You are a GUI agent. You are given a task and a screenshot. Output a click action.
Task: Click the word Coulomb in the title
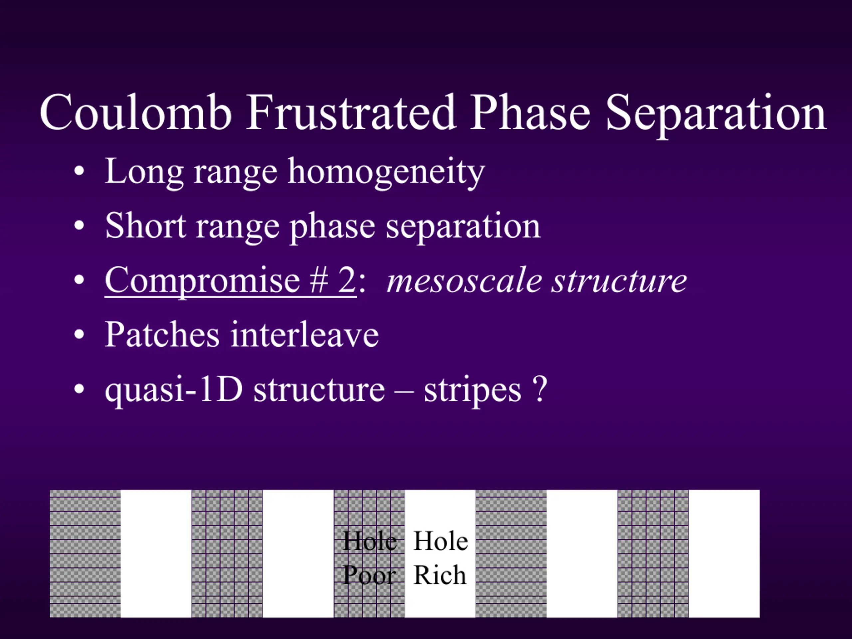click(x=135, y=112)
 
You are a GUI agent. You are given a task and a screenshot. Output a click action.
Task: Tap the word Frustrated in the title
click(x=351, y=112)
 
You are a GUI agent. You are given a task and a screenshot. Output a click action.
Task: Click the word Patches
click(x=162, y=334)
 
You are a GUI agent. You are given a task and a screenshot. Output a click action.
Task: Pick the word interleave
click(x=304, y=334)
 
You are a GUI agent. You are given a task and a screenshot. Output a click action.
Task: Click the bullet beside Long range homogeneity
click(x=79, y=171)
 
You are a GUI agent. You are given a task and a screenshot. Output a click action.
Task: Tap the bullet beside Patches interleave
click(x=79, y=334)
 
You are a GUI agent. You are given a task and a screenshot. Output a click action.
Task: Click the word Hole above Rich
click(x=441, y=541)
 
